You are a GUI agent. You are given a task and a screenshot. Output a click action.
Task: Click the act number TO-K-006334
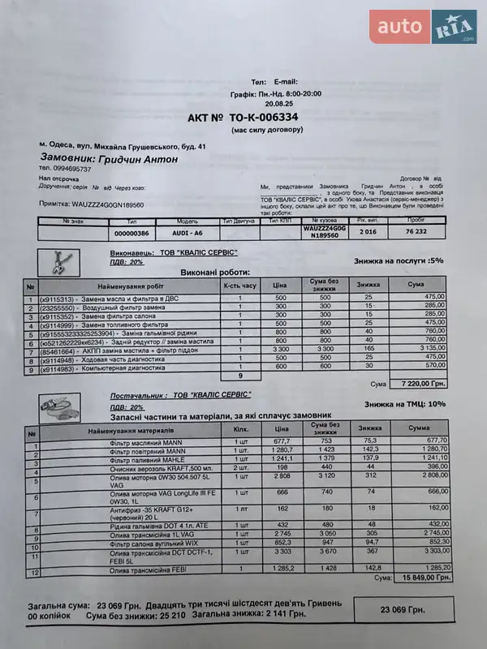tap(243, 118)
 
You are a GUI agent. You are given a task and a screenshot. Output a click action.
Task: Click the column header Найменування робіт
tap(130, 286)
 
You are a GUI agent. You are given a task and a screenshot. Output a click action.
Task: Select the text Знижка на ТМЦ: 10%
tap(405, 403)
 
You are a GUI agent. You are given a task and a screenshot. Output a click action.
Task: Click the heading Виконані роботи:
tap(215, 273)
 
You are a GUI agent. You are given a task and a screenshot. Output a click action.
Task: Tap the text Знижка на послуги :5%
tap(399, 261)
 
